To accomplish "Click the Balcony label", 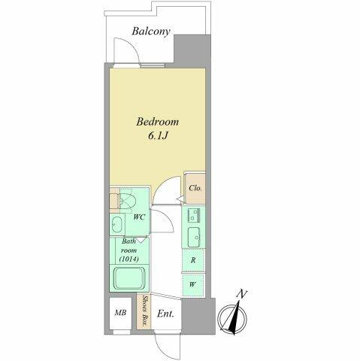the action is [x=151, y=32].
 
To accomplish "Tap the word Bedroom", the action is [x=158, y=122].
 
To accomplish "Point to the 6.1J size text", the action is [x=158, y=135].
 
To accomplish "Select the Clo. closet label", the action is [x=195, y=188].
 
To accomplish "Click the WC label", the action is [x=139, y=217].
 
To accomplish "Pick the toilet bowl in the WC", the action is [x=128, y=199].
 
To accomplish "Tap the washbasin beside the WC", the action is [x=116, y=224].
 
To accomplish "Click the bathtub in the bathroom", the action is [x=130, y=278].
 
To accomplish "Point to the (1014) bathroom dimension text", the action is [x=129, y=259].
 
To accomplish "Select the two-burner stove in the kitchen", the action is [x=194, y=215].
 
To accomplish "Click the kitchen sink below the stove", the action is [x=194, y=237].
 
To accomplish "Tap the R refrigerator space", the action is [x=193, y=260].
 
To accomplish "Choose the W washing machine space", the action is [x=193, y=285].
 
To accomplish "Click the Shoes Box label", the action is [x=144, y=311].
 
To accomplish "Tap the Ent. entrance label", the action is [x=165, y=314].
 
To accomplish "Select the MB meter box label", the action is [x=120, y=313].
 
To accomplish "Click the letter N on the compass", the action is [x=242, y=294].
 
